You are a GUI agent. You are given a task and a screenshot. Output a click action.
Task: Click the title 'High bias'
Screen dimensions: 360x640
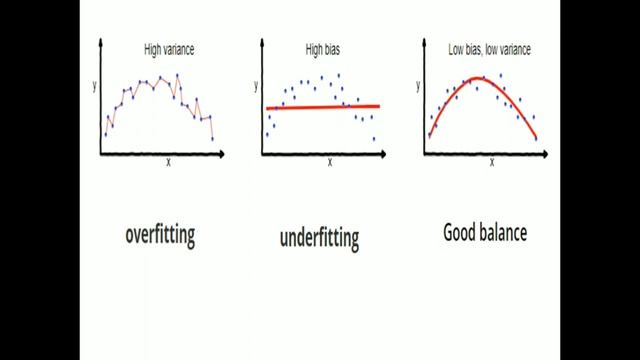pyautogui.click(x=323, y=48)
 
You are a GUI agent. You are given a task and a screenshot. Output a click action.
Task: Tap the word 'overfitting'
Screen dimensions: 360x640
pyautogui.click(x=160, y=235)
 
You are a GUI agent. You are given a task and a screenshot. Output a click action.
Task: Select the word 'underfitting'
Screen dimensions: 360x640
pyautogui.click(x=320, y=238)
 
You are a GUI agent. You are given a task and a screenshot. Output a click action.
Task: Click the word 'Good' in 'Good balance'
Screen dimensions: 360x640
pyautogui.click(x=463, y=234)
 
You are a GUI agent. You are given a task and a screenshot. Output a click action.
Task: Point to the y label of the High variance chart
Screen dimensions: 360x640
pyautogui.click(x=94, y=86)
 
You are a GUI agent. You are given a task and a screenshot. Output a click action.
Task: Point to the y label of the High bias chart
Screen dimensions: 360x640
pyautogui.click(x=257, y=87)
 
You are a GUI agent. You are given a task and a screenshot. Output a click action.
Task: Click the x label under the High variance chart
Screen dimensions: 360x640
pyautogui.click(x=167, y=162)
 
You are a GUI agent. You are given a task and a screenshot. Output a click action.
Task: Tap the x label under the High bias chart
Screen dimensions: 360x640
pyautogui.click(x=329, y=162)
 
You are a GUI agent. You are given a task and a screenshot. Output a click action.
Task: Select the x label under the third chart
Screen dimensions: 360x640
pyautogui.click(x=491, y=162)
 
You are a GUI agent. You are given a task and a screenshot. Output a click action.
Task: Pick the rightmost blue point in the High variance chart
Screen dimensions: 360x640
pyautogui.click(x=212, y=138)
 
